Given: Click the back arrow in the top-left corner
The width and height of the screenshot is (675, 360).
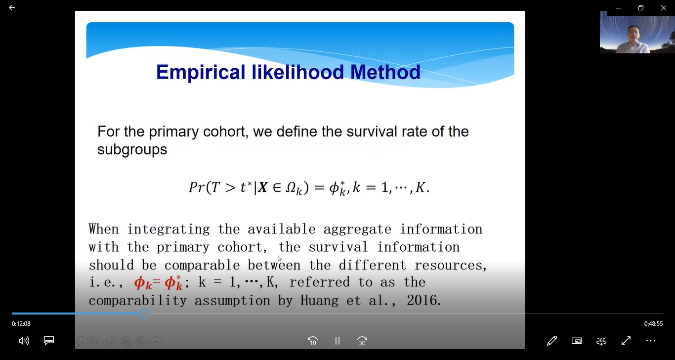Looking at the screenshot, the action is (x=12, y=7).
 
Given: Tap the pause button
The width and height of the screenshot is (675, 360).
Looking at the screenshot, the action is (x=337, y=341).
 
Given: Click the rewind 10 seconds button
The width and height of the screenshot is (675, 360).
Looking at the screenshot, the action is (x=312, y=341).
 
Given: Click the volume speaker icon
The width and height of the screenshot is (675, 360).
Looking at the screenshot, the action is (x=24, y=341).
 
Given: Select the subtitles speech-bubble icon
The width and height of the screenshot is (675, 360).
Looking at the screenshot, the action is (x=49, y=341).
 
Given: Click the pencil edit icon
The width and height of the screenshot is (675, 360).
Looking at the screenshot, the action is (x=552, y=341).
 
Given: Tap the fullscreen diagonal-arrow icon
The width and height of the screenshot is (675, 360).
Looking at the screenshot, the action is (x=626, y=341).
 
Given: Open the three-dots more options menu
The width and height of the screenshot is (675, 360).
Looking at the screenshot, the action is (x=651, y=341).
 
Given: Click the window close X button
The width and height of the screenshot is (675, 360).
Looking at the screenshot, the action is (x=664, y=8).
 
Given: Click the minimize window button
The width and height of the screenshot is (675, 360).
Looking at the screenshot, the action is (x=618, y=8).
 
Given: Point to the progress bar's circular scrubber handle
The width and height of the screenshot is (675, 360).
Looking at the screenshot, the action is (x=144, y=314).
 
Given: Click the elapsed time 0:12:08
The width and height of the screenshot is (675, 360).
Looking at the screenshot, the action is (x=21, y=324).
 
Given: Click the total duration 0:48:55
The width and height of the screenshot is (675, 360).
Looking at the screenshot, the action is (x=653, y=324).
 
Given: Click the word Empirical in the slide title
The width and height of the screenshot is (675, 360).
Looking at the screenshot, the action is (x=201, y=72).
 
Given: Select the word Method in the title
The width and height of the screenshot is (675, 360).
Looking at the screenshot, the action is (x=385, y=72).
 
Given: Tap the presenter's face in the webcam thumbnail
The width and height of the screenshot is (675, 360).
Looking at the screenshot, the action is (x=633, y=34).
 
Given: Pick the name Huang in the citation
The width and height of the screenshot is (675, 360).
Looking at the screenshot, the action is (x=319, y=301).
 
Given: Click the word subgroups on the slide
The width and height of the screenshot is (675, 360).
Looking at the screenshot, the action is (x=132, y=149).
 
